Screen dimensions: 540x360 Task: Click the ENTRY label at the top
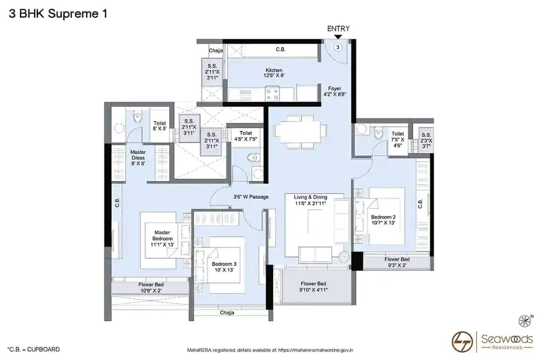pos(338,29)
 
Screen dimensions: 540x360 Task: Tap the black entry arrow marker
pos(338,37)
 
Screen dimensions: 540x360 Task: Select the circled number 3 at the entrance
pos(338,47)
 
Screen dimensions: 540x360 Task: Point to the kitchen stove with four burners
pos(272,94)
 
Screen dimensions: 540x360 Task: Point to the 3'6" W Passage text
pos(251,197)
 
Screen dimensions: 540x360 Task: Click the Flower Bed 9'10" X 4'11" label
pos(313,287)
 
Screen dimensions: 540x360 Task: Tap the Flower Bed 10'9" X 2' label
pos(151,288)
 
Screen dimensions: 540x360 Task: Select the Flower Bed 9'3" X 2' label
pos(397,262)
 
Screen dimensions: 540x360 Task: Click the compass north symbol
pos(526,321)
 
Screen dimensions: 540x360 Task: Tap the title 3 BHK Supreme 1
pos(58,14)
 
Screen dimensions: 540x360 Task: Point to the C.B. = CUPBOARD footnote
pos(33,349)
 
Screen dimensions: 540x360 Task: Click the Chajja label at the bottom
pos(227,312)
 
